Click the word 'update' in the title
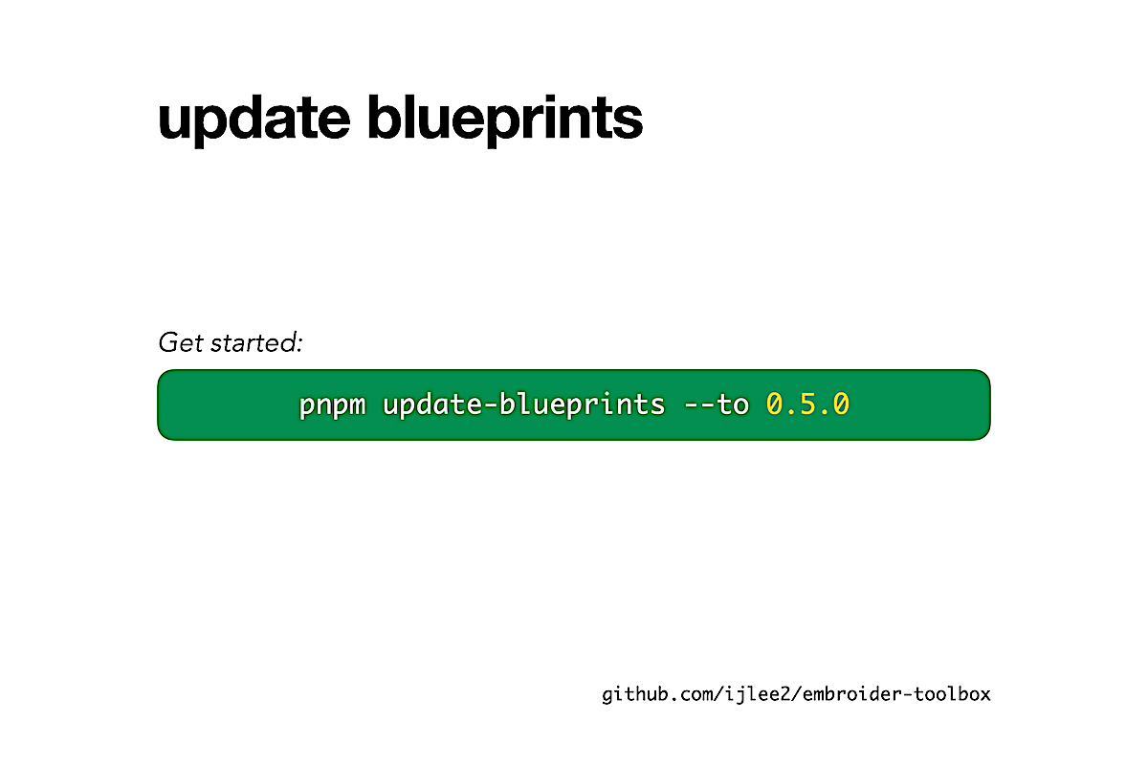[x=254, y=120]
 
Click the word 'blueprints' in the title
[x=505, y=120]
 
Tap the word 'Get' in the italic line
[x=181, y=342]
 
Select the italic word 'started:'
[x=256, y=342]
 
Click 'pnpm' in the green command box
[x=332, y=405]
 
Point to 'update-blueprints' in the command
[x=524, y=404]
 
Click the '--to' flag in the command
[x=717, y=404]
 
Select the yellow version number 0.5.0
[x=807, y=404]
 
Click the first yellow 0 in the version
[x=774, y=404]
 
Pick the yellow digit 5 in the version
[x=807, y=404]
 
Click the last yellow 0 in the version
[x=841, y=404]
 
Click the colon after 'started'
[x=298, y=344]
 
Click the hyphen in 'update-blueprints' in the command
[x=491, y=404]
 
